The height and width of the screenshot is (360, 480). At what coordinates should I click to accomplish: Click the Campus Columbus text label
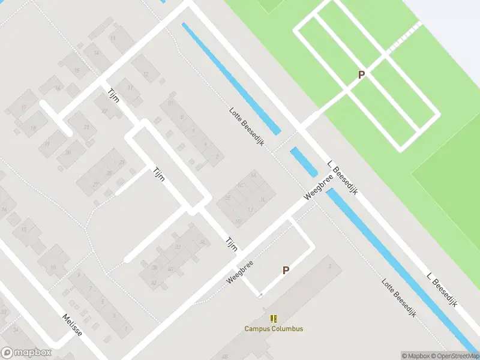click(x=274, y=328)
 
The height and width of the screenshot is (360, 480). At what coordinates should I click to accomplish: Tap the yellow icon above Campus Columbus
click(x=274, y=318)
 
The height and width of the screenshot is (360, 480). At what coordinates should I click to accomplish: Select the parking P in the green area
click(x=361, y=75)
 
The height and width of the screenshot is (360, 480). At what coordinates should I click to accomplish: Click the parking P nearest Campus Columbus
click(x=286, y=271)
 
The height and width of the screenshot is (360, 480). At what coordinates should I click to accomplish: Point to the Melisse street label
click(x=72, y=325)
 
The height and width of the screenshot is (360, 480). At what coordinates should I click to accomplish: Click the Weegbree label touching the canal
click(x=319, y=187)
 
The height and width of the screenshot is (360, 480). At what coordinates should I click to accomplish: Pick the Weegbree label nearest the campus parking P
click(x=240, y=272)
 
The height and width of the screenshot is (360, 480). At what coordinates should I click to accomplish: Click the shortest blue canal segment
click(x=304, y=162)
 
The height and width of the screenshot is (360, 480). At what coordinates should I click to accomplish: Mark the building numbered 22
click(x=104, y=110)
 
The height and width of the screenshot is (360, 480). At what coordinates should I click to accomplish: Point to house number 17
click(x=24, y=107)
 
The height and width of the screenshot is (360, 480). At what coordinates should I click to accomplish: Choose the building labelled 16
click(x=58, y=88)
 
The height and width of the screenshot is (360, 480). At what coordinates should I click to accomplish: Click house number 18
click(x=32, y=128)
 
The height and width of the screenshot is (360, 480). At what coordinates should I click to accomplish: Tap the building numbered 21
click(x=87, y=127)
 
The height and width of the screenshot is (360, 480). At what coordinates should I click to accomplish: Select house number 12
click(x=146, y=74)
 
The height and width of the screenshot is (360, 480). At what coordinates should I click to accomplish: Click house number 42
click(x=154, y=282)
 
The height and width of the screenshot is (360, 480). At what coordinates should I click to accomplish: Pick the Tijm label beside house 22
click(x=114, y=96)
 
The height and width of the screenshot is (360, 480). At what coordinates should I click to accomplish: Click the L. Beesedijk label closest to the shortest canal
click(x=343, y=178)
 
